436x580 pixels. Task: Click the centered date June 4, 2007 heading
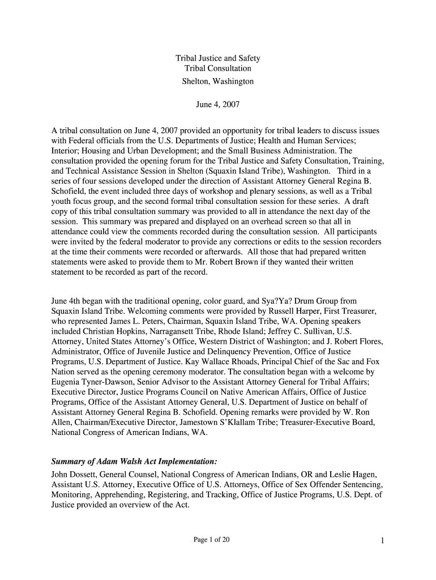(218, 105)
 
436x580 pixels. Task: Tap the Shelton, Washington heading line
(218, 81)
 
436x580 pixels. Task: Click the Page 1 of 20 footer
(212, 540)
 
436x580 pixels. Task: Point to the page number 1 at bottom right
(383, 541)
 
